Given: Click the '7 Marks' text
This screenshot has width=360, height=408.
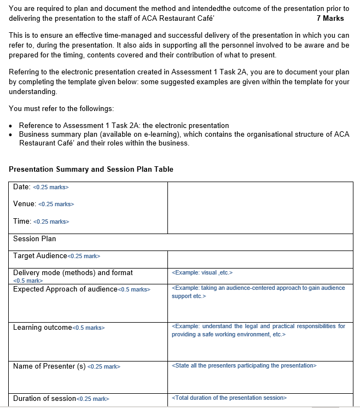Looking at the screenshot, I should coord(330,18).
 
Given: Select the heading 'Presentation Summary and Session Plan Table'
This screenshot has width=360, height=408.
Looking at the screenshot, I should coord(91,169).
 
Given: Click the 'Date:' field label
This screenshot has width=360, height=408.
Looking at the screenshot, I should coord(22,187).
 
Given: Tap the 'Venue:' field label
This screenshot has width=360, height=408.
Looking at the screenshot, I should coord(25,204).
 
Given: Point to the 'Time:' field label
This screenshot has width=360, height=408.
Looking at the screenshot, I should coord(22,221).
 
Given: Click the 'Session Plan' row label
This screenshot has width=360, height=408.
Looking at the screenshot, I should coord(34,238).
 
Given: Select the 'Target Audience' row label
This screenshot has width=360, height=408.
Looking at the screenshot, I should coord(40,256).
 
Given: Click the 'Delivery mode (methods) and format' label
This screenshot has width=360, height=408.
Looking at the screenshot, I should coord(73,272).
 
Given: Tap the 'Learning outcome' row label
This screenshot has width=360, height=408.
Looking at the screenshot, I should coord(43,327).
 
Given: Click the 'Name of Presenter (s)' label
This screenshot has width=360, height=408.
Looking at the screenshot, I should coord(49,366).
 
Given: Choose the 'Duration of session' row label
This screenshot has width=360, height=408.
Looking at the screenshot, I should coord(44,398).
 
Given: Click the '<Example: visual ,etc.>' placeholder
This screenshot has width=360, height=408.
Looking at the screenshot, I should coord(202,272).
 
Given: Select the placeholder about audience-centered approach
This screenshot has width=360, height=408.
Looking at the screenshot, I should coord(258,292).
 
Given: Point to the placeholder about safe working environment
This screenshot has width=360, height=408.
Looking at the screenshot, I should coord(258,330).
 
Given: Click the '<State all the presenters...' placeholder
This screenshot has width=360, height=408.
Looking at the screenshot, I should coord(243,365).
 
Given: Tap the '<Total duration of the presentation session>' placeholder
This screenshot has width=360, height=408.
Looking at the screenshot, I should coord(229,398).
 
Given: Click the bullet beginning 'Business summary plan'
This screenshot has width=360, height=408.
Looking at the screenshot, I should coord(184,138).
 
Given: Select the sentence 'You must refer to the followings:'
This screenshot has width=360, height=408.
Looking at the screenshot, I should coord(61,108).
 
